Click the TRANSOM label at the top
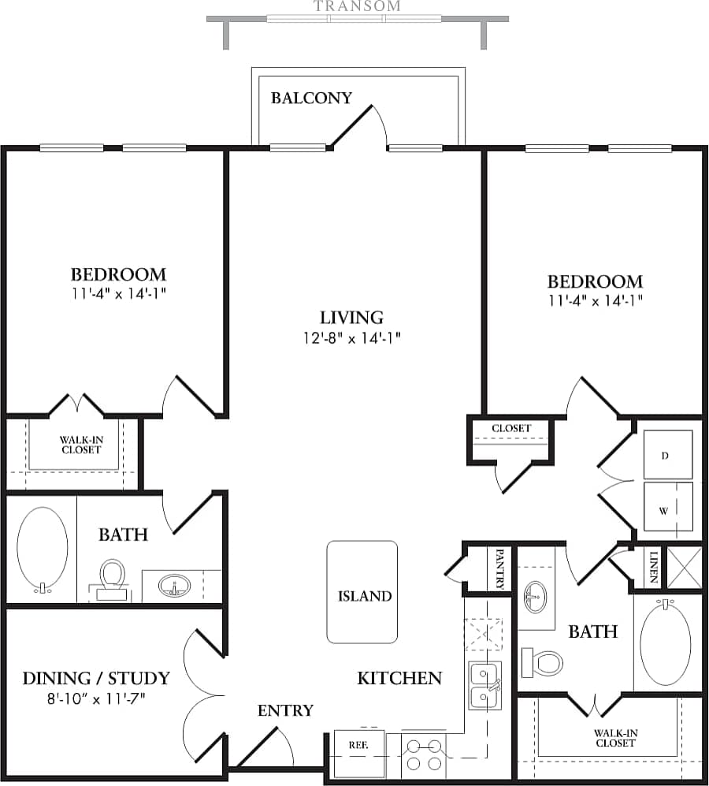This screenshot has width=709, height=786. point(357,6)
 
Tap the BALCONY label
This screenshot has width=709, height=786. point(311,98)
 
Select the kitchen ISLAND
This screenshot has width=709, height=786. point(362,592)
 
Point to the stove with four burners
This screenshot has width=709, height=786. point(424,755)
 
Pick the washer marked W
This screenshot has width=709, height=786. point(667,508)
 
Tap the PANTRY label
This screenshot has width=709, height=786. point(499,569)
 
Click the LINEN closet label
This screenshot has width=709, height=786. point(653,567)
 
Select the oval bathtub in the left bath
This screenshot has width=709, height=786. point(43,549)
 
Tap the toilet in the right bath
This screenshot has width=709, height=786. point(543,661)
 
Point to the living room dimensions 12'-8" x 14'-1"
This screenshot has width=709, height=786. point(351,338)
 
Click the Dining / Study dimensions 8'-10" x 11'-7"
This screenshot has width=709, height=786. point(95,698)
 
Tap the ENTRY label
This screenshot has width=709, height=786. point(285,710)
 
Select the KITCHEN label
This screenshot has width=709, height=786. point(399,677)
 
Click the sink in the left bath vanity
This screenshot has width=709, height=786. point(173,586)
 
